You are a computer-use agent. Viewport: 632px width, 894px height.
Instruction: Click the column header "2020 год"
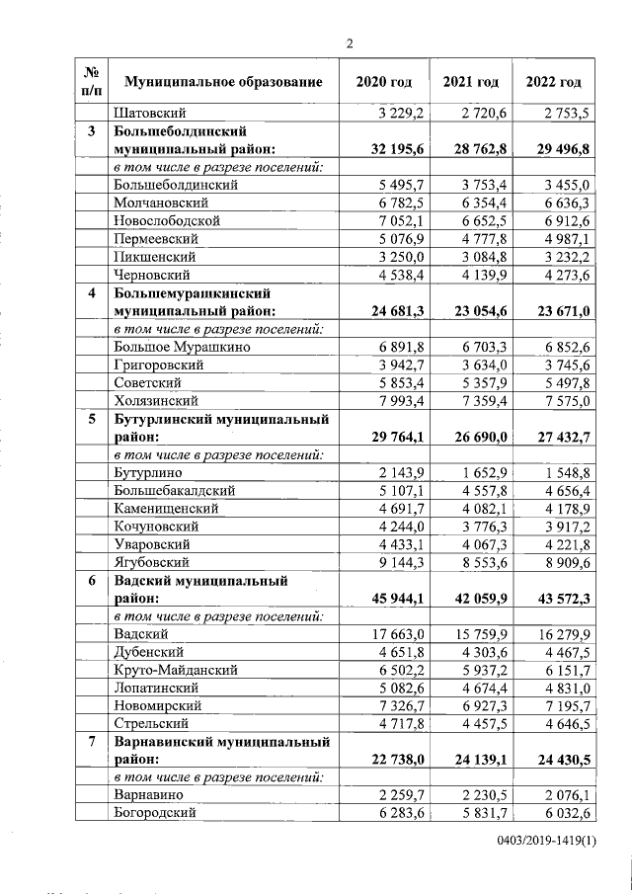click(x=383, y=81)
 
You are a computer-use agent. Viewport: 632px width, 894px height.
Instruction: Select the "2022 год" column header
click(x=554, y=81)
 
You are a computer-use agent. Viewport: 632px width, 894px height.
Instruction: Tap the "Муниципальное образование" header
click(x=223, y=81)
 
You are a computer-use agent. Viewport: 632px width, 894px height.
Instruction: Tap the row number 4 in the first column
click(x=92, y=293)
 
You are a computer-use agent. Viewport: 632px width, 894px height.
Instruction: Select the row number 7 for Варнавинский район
click(x=92, y=742)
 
